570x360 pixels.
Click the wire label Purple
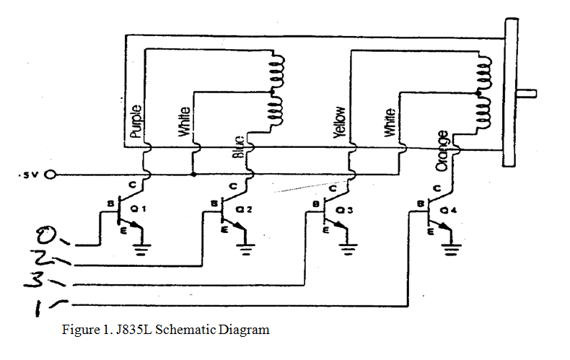tap(136, 122)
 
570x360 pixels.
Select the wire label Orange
tap(442, 152)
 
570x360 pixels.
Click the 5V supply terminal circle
tap(51, 175)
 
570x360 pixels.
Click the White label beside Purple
tap(186, 122)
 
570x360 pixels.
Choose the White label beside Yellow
tap(390, 123)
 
